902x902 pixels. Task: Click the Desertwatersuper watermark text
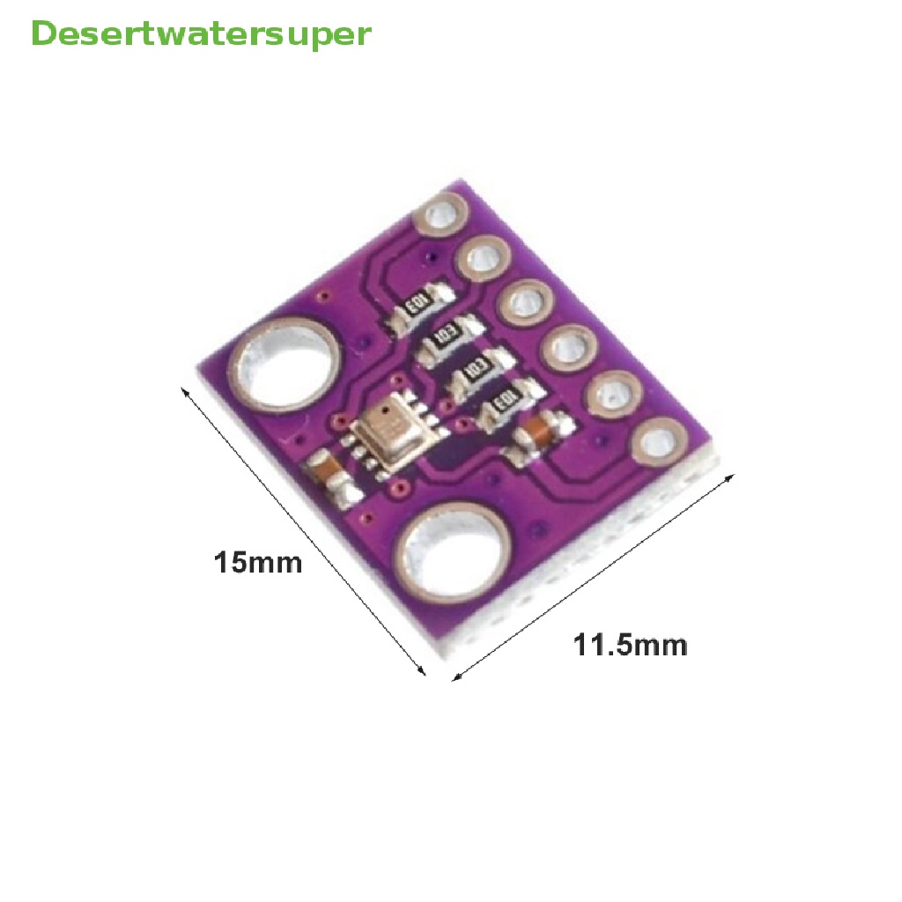point(201,35)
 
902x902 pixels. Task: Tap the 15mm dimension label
point(258,562)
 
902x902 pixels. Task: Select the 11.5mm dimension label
point(630,646)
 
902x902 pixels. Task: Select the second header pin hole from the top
point(484,259)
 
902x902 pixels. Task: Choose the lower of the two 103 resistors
point(476,371)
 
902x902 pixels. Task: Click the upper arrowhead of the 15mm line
point(185,391)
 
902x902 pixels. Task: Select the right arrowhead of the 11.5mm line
point(730,478)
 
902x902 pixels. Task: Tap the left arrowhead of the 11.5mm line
point(455,677)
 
